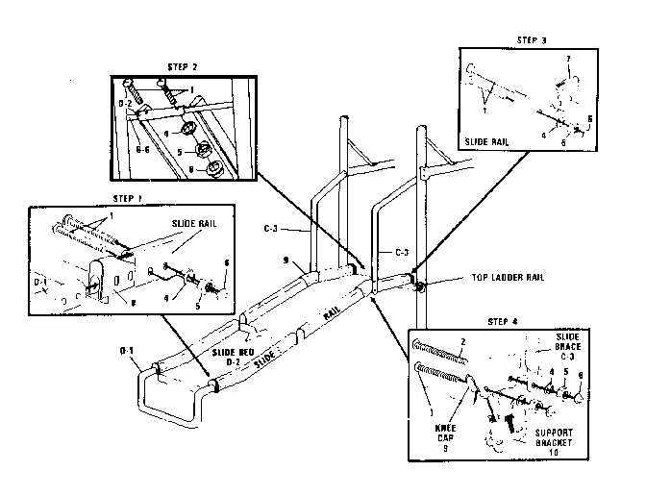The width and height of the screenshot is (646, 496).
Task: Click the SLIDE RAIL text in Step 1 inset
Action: point(196,223)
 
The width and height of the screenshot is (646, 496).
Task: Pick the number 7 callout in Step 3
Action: point(567,60)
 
